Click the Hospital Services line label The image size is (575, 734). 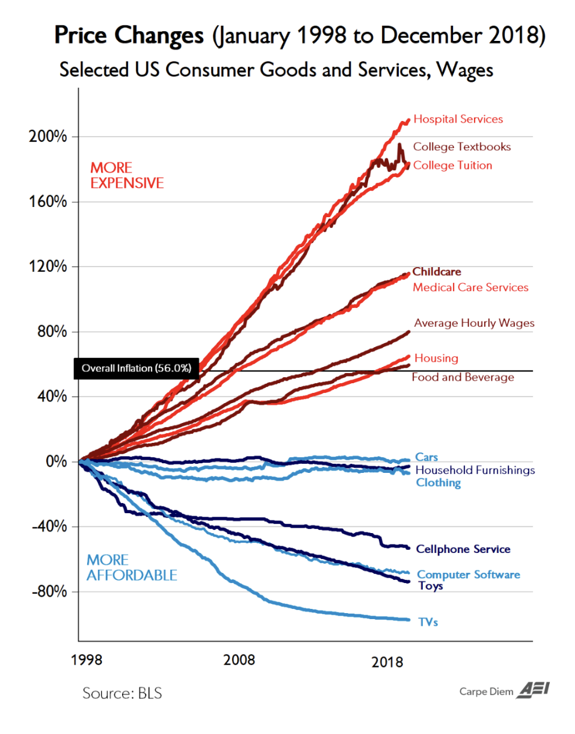(x=458, y=119)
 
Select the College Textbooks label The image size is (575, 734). (x=462, y=147)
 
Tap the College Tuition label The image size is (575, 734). (x=453, y=165)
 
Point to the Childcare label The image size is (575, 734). (x=437, y=272)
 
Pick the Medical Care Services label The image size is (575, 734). (x=470, y=288)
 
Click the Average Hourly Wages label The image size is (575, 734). (x=474, y=324)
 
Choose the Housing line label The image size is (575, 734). (x=436, y=359)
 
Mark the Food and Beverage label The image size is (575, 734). (x=463, y=378)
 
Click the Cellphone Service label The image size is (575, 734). (x=463, y=549)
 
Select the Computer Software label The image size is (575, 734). (x=469, y=575)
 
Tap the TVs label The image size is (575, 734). (x=428, y=622)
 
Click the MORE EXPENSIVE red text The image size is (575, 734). (x=127, y=175)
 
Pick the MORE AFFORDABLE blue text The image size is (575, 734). (x=132, y=567)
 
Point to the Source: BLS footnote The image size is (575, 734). (x=122, y=693)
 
